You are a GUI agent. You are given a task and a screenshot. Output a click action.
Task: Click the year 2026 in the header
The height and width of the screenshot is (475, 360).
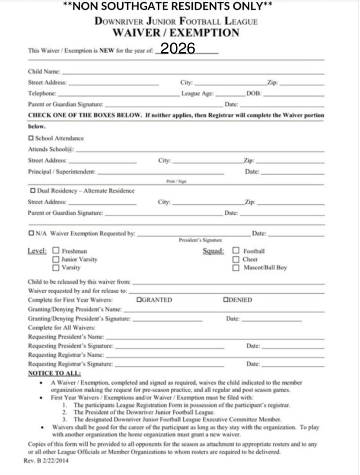click(178, 48)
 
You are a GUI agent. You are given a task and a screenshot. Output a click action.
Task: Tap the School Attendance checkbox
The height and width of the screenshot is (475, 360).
click(31, 138)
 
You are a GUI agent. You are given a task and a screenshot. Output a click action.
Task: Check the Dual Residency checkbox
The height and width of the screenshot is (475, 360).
click(33, 190)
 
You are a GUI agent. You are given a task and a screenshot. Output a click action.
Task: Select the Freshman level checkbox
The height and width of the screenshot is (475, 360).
click(56, 250)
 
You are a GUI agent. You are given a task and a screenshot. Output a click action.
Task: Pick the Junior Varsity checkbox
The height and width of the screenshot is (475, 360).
click(56, 259)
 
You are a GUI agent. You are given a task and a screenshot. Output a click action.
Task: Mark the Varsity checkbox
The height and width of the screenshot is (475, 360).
click(56, 268)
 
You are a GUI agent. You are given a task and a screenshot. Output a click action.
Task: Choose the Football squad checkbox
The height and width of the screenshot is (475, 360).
click(236, 250)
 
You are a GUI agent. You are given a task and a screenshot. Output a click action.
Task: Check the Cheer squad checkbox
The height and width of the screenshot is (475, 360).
click(236, 259)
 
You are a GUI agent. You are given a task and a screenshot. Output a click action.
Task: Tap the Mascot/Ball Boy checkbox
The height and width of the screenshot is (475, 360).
click(236, 268)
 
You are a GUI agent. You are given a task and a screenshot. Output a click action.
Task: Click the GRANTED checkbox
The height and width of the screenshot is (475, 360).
click(139, 300)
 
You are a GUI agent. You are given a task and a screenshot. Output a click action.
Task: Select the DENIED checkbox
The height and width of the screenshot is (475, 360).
click(226, 300)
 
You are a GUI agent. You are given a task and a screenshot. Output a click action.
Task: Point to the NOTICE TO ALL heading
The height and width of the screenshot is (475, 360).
click(54, 373)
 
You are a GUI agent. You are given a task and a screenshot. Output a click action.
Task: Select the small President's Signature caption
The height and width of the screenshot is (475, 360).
click(200, 240)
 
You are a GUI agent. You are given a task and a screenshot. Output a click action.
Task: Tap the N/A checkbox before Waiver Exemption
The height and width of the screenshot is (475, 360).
click(31, 233)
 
